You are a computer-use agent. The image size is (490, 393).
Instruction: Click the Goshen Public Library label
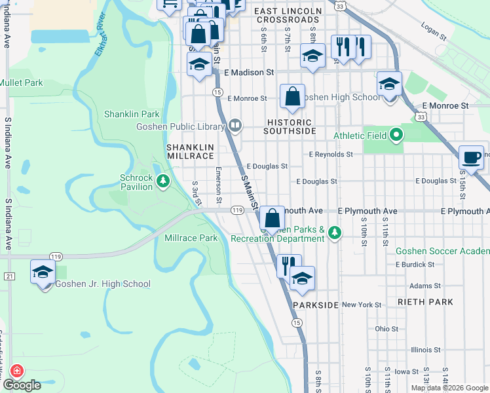[x=179, y=126]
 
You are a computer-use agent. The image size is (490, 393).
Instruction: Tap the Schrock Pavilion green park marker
[x=162, y=182]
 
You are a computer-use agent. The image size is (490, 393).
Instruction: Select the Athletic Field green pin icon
[x=396, y=136]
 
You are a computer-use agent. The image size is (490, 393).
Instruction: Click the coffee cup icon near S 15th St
[x=471, y=157]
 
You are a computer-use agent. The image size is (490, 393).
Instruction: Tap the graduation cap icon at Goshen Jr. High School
[x=43, y=272]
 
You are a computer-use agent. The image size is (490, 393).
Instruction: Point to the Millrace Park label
[x=191, y=238]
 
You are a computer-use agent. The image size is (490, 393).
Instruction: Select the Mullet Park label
[x=21, y=83]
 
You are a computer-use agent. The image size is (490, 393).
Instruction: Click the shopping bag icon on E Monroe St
[x=292, y=96]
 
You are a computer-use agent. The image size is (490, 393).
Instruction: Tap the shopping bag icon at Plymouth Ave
[x=272, y=218]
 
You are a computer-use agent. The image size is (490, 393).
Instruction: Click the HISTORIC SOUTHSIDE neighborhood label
[x=290, y=126]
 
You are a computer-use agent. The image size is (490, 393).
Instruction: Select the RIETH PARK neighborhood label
[x=424, y=302]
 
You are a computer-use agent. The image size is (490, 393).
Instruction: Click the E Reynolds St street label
[x=331, y=155]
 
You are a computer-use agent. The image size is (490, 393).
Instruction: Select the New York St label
[x=361, y=305]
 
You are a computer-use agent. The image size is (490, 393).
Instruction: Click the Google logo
[x=22, y=385]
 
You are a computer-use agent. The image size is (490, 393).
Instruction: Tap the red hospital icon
[x=14, y=371]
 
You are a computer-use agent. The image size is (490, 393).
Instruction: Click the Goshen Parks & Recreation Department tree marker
[x=335, y=233]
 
